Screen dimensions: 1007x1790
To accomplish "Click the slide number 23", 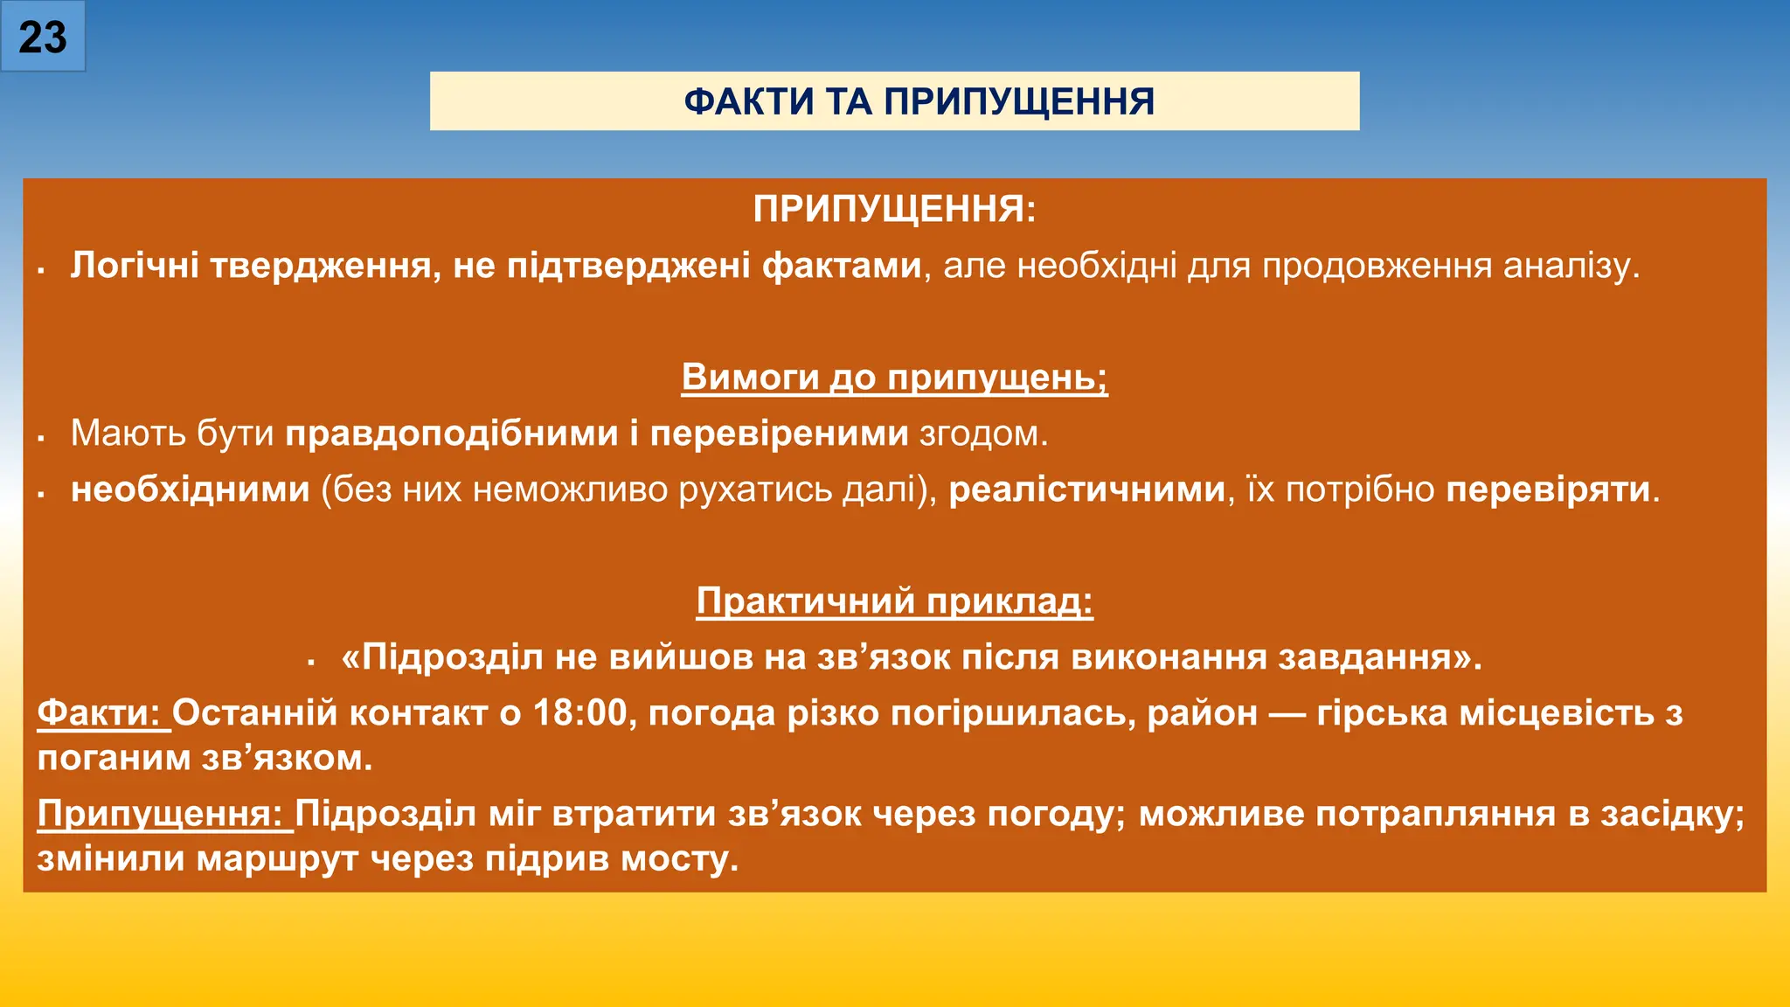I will tap(42, 38).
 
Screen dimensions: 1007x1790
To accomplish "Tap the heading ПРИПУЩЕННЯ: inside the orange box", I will tap(894, 210).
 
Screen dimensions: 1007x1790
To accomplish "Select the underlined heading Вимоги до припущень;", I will tap(894, 378).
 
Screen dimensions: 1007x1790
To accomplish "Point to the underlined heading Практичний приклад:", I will tap(894, 601).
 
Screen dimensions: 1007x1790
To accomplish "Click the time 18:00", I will tap(580, 713).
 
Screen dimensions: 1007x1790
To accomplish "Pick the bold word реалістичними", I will tap(1086, 490).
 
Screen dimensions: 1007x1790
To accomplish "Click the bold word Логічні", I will tap(135, 266).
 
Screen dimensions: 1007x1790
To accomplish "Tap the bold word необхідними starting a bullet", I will tap(191, 490).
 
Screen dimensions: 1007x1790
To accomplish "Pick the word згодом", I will tap(982, 434).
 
